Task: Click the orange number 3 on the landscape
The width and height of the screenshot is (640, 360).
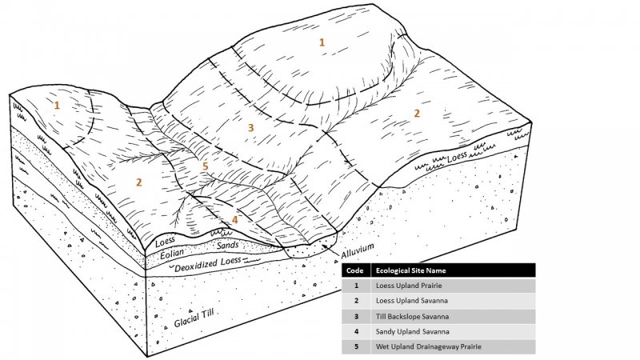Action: [250, 128]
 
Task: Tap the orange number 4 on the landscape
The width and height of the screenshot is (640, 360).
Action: [234, 219]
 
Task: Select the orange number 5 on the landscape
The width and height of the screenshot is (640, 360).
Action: [206, 166]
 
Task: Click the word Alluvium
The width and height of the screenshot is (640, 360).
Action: [358, 250]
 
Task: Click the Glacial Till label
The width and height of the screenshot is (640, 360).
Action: [194, 317]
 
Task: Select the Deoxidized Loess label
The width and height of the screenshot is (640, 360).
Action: [208, 263]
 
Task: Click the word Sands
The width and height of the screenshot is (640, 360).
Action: [228, 246]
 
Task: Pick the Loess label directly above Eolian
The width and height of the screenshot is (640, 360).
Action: [166, 242]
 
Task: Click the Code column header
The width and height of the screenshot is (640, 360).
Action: [354, 270]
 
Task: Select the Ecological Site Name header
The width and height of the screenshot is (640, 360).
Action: [410, 270]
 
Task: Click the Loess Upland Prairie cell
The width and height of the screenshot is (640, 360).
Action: [409, 286]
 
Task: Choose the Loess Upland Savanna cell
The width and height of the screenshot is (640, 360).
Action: [412, 301]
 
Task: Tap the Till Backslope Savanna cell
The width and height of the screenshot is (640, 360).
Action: [412, 316]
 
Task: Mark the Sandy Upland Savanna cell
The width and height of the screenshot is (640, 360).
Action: [412, 332]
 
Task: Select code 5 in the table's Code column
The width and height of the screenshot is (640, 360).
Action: [356, 347]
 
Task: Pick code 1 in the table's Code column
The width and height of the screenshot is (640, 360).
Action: [356, 286]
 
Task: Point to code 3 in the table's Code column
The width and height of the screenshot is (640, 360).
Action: [356, 316]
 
